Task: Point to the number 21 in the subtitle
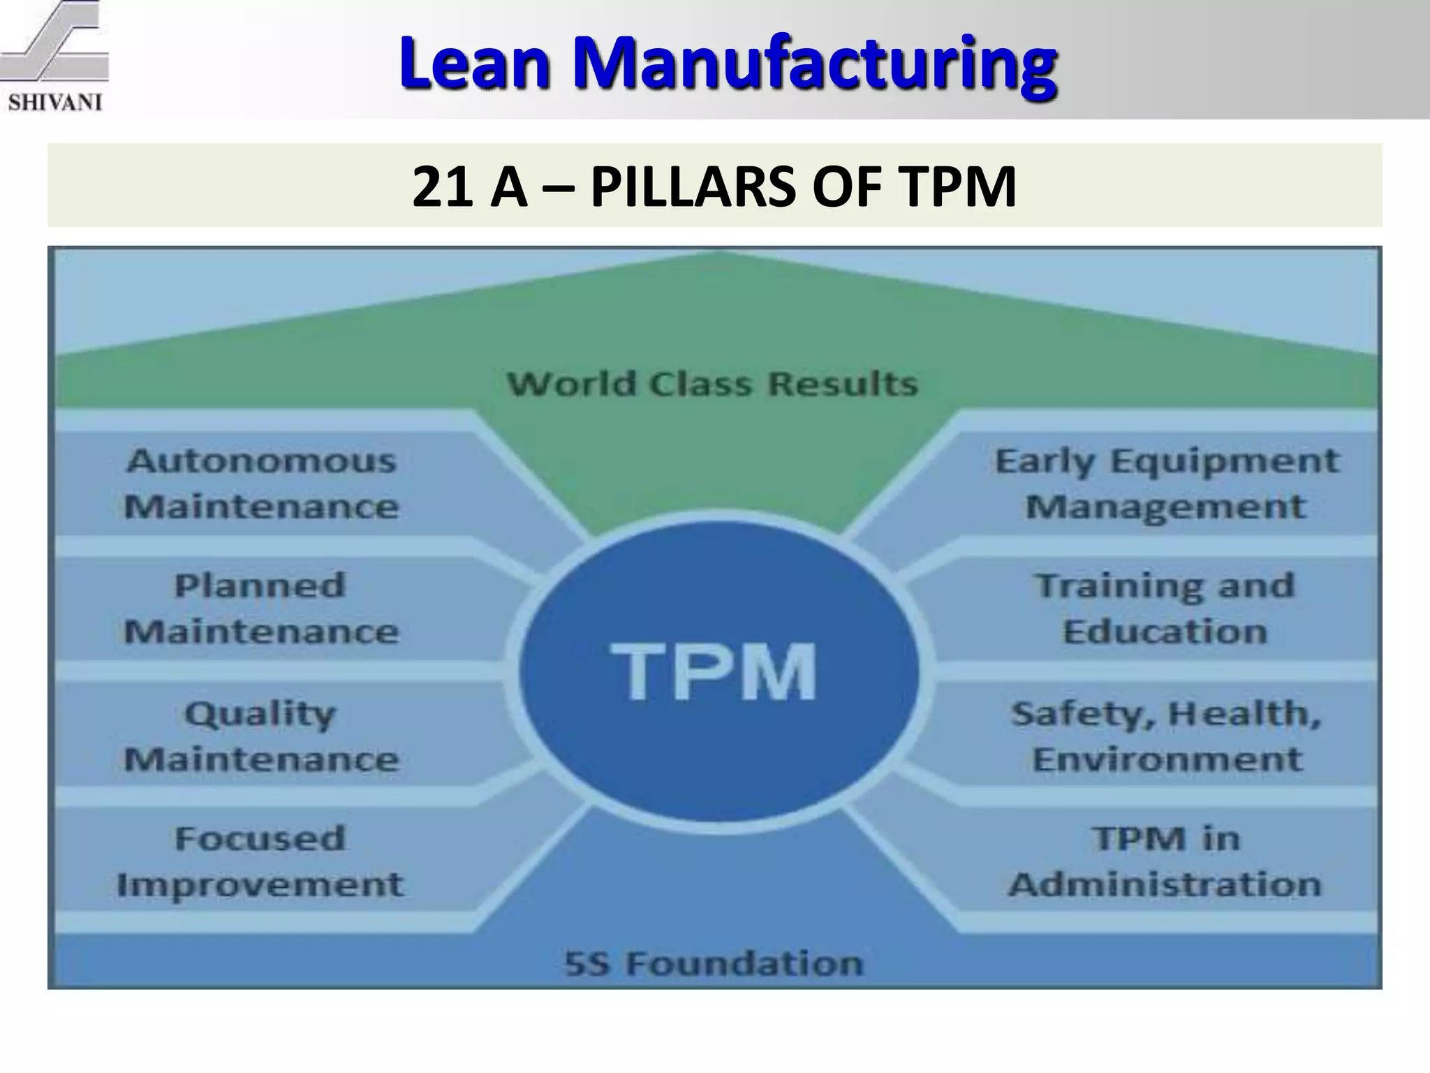[x=439, y=187]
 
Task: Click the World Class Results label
[x=712, y=384]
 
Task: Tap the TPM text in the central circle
[x=714, y=671]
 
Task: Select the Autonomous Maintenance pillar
[x=261, y=483]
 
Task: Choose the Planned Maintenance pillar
[x=261, y=608]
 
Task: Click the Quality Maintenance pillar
[x=261, y=736]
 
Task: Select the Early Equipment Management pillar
[x=1166, y=483]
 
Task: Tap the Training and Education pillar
[x=1165, y=608]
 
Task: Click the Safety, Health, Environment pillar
[x=1166, y=736]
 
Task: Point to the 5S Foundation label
[x=714, y=963]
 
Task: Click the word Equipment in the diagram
[x=1225, y=462]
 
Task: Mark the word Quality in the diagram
[x=260, y=714]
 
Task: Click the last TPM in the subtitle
[x=957, y=187]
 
